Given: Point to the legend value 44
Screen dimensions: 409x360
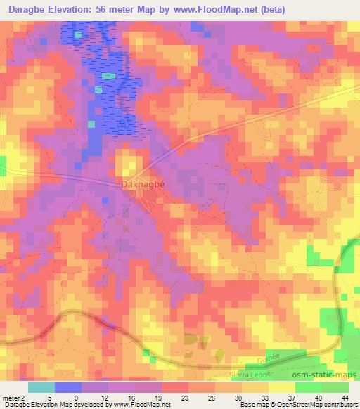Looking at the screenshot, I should pos(345,398).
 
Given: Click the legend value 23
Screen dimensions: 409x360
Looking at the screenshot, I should pos(166,398).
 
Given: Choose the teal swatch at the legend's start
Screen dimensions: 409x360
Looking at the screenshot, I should pos(41,387).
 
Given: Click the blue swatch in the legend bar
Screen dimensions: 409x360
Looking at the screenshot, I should pos(67,387).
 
